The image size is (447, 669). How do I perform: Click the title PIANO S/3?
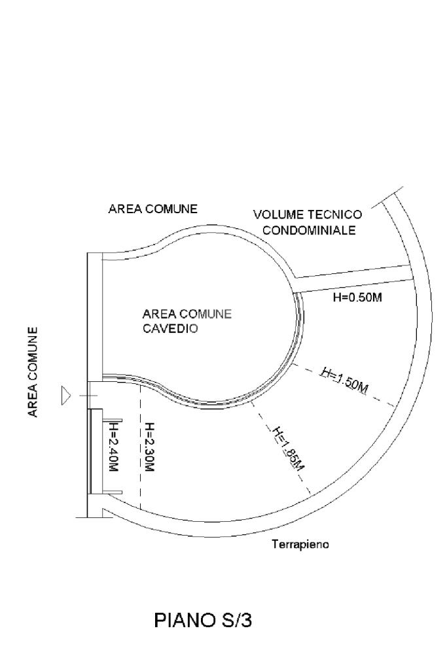tap(203, 621)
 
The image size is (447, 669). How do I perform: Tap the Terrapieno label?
tap(300, 544)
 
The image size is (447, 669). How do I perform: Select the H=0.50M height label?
tap(357, 298)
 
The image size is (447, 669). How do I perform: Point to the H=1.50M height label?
tap(344, 380)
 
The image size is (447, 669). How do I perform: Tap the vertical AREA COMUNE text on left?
tap(32, 371)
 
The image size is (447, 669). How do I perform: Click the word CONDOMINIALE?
tap(309, 230)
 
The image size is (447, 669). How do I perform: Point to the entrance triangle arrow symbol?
tap(65, 396)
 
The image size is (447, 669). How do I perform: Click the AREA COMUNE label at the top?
tap(152, 209)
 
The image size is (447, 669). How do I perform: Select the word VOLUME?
tap(276, 214)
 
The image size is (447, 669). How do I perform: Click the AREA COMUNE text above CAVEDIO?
tap(187, 314)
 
